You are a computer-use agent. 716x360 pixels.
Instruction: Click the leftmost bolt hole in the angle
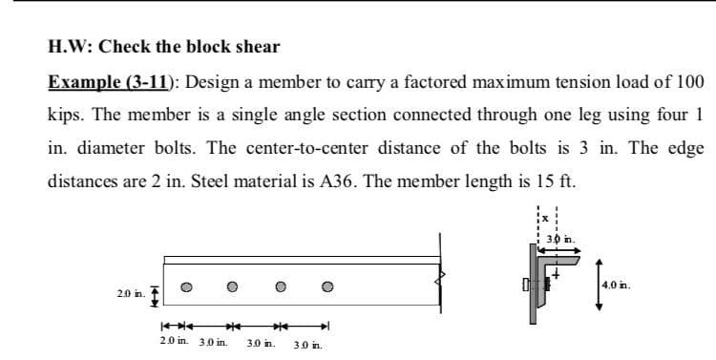click(186, 286)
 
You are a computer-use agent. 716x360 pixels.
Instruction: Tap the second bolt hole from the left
click(232, 286)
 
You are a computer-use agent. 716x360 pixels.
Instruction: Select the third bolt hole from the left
click(281, 286)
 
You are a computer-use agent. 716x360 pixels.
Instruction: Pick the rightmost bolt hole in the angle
click(327, 286)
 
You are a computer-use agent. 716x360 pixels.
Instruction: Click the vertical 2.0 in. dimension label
click(131, 294)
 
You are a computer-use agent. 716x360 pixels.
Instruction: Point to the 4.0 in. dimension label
click(616, 286)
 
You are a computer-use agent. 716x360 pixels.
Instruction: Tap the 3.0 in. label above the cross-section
click(561, 239)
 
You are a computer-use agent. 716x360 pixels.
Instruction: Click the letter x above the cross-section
click(545, 219)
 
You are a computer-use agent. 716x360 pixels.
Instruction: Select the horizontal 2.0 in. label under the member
click(174, 340)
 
